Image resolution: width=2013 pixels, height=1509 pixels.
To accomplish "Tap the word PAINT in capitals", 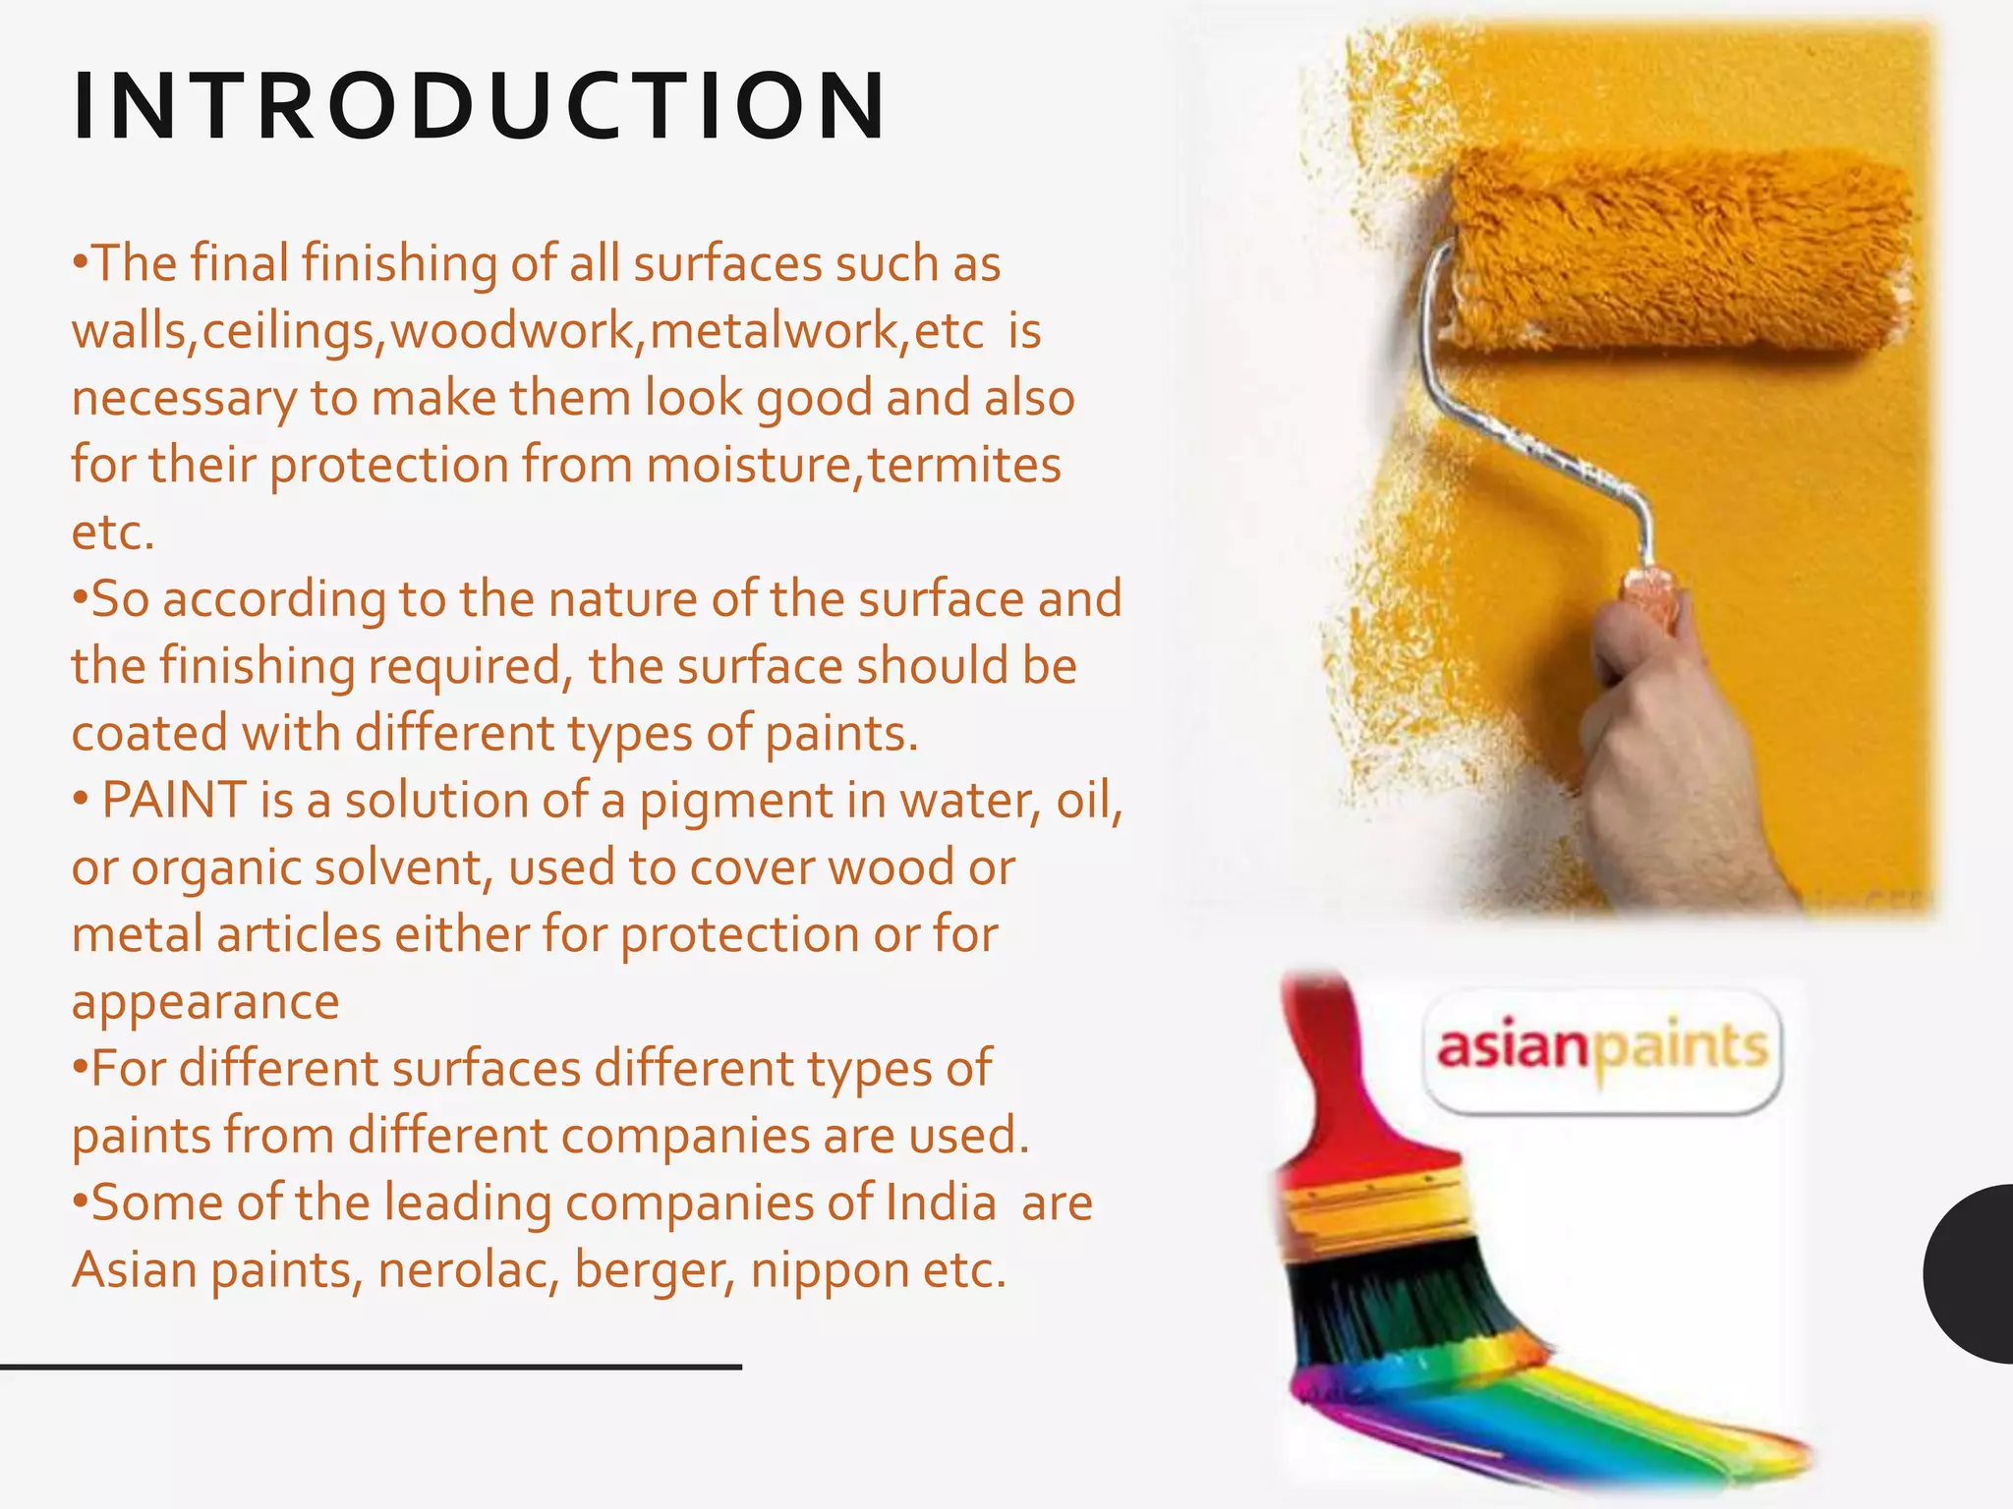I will pyautogui.click(x=173, y=800).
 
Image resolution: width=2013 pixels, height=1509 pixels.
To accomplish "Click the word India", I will pyautogui.click(x=942, y=1202).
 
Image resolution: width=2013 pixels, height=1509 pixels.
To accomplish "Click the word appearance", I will pyautogui.click(x=205, y=1002).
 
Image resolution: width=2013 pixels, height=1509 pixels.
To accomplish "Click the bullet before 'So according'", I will pyautogui.click(x=80, y=597).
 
